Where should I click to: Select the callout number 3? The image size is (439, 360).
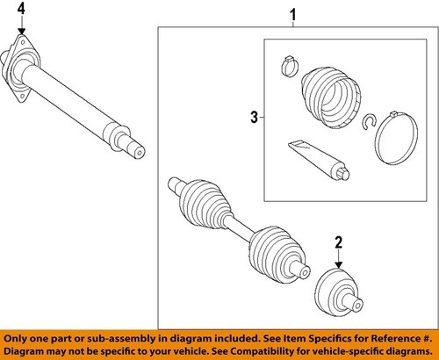point(254,116)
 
